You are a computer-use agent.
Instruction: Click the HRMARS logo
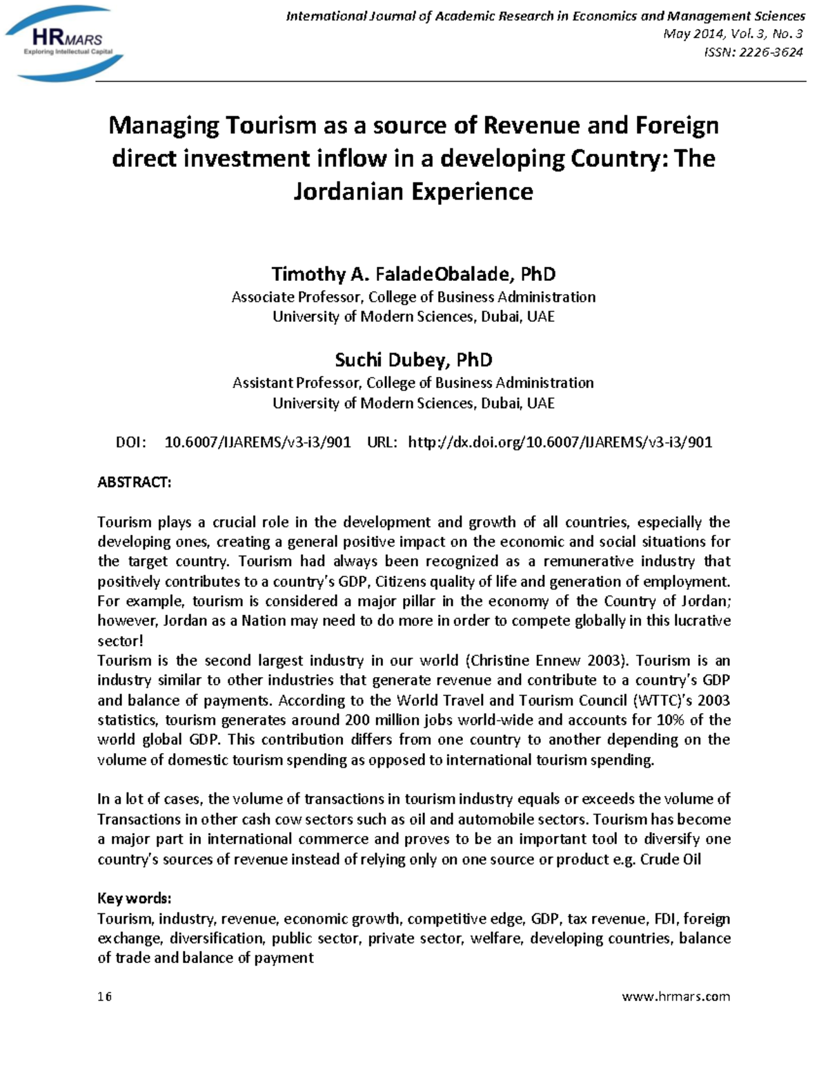tap(64, 43)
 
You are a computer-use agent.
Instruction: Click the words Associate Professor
tap(296, 297)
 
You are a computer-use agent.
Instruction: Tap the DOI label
tap(130, 442)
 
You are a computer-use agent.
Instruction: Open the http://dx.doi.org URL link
tap(560, 442)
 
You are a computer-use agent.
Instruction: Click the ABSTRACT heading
tap(134, 482)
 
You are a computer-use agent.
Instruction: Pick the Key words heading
tap(134, 898)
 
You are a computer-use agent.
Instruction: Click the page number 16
tap(105, 996)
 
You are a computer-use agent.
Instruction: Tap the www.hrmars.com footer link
tap(676, 996)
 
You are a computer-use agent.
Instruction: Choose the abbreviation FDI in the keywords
tap(666, 918)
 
